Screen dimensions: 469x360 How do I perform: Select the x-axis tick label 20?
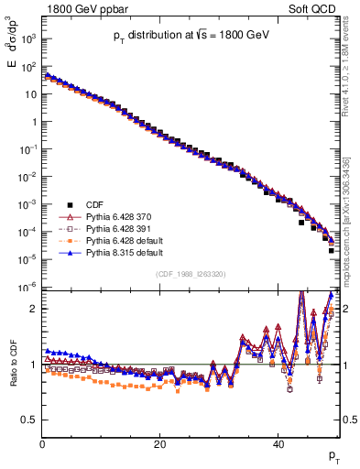[160, 442]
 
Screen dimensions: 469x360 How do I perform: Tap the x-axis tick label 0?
[42, 442]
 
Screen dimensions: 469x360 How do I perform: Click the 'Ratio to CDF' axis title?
[14, 376]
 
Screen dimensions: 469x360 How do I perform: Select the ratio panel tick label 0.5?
[28, 420]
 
